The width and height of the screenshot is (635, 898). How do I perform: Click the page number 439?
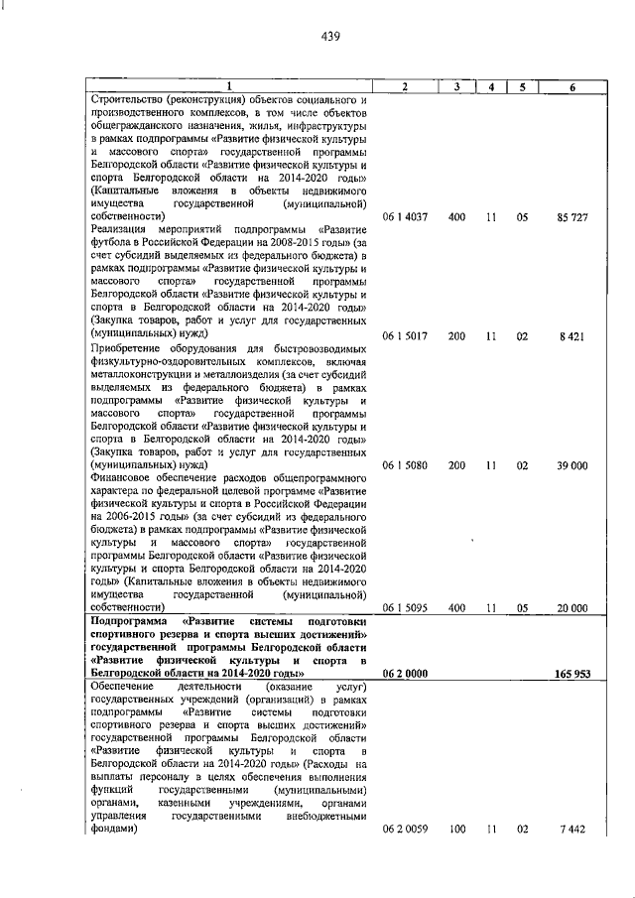point(331,38)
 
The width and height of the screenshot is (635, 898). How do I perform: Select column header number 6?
point(572,87)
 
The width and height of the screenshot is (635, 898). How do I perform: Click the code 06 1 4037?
point(405,244)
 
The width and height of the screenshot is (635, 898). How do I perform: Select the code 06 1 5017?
point(405,337)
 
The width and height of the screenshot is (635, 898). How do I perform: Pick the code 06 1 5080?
point(405,464)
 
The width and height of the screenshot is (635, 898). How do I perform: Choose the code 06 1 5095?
point(405,608)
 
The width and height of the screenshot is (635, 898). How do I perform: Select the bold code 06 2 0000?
point(405,674)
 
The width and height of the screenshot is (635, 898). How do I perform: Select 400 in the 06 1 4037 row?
point(455,244)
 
